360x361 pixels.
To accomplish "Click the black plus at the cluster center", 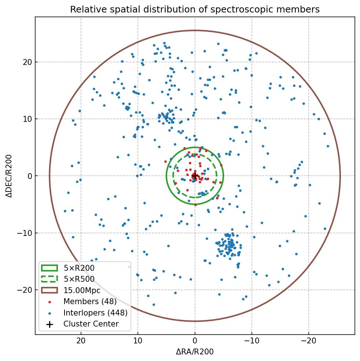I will pyautogui.click(x=195, y=176).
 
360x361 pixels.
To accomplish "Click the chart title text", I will pyautogui.click(x=195, y=10).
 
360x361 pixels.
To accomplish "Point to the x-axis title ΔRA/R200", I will pyautogui.click(x=195, y=352).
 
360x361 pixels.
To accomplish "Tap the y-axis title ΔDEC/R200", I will pyautogui.click(x=9, y=176).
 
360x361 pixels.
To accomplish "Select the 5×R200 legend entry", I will pyautogui.click(x=79, y=268).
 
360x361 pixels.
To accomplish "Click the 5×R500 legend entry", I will pyautogui.click(x=79, y=279).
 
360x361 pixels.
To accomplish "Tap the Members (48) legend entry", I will pyautogui.click(x=90, y=302).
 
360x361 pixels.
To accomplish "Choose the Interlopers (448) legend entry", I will pyautogui.click(x=95, y=313).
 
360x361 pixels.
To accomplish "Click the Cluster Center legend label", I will pyautogui.click(x=91, y=324).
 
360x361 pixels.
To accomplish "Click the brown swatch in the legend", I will pyautogui.click(x=49, y=290).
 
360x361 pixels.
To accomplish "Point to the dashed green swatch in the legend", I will pyautogui.click(x=49, y=279).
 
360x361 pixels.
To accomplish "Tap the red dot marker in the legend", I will pyautogui.click(x=49, y=302).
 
